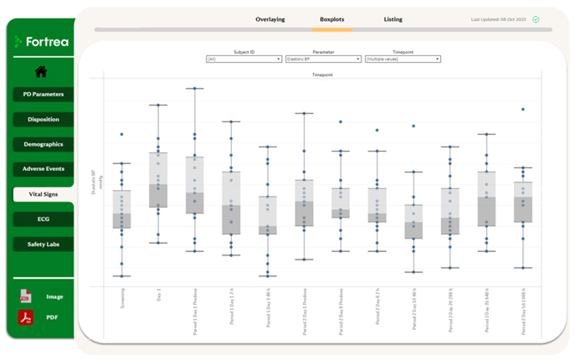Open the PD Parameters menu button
[43, 95]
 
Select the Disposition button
[43, 120]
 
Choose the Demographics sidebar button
[43, 144]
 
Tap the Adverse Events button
[43, 169]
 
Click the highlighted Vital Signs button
[43, 194]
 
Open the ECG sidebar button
[43, 219]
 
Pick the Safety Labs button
[43, 244]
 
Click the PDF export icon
[25, 317]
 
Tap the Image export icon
[25, 296]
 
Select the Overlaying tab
[270, 19]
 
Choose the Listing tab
[393, 19]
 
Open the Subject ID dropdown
[244, 59]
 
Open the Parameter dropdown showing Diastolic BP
[323, 59]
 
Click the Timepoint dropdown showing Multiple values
[403, 59]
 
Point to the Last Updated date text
[499, 19]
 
